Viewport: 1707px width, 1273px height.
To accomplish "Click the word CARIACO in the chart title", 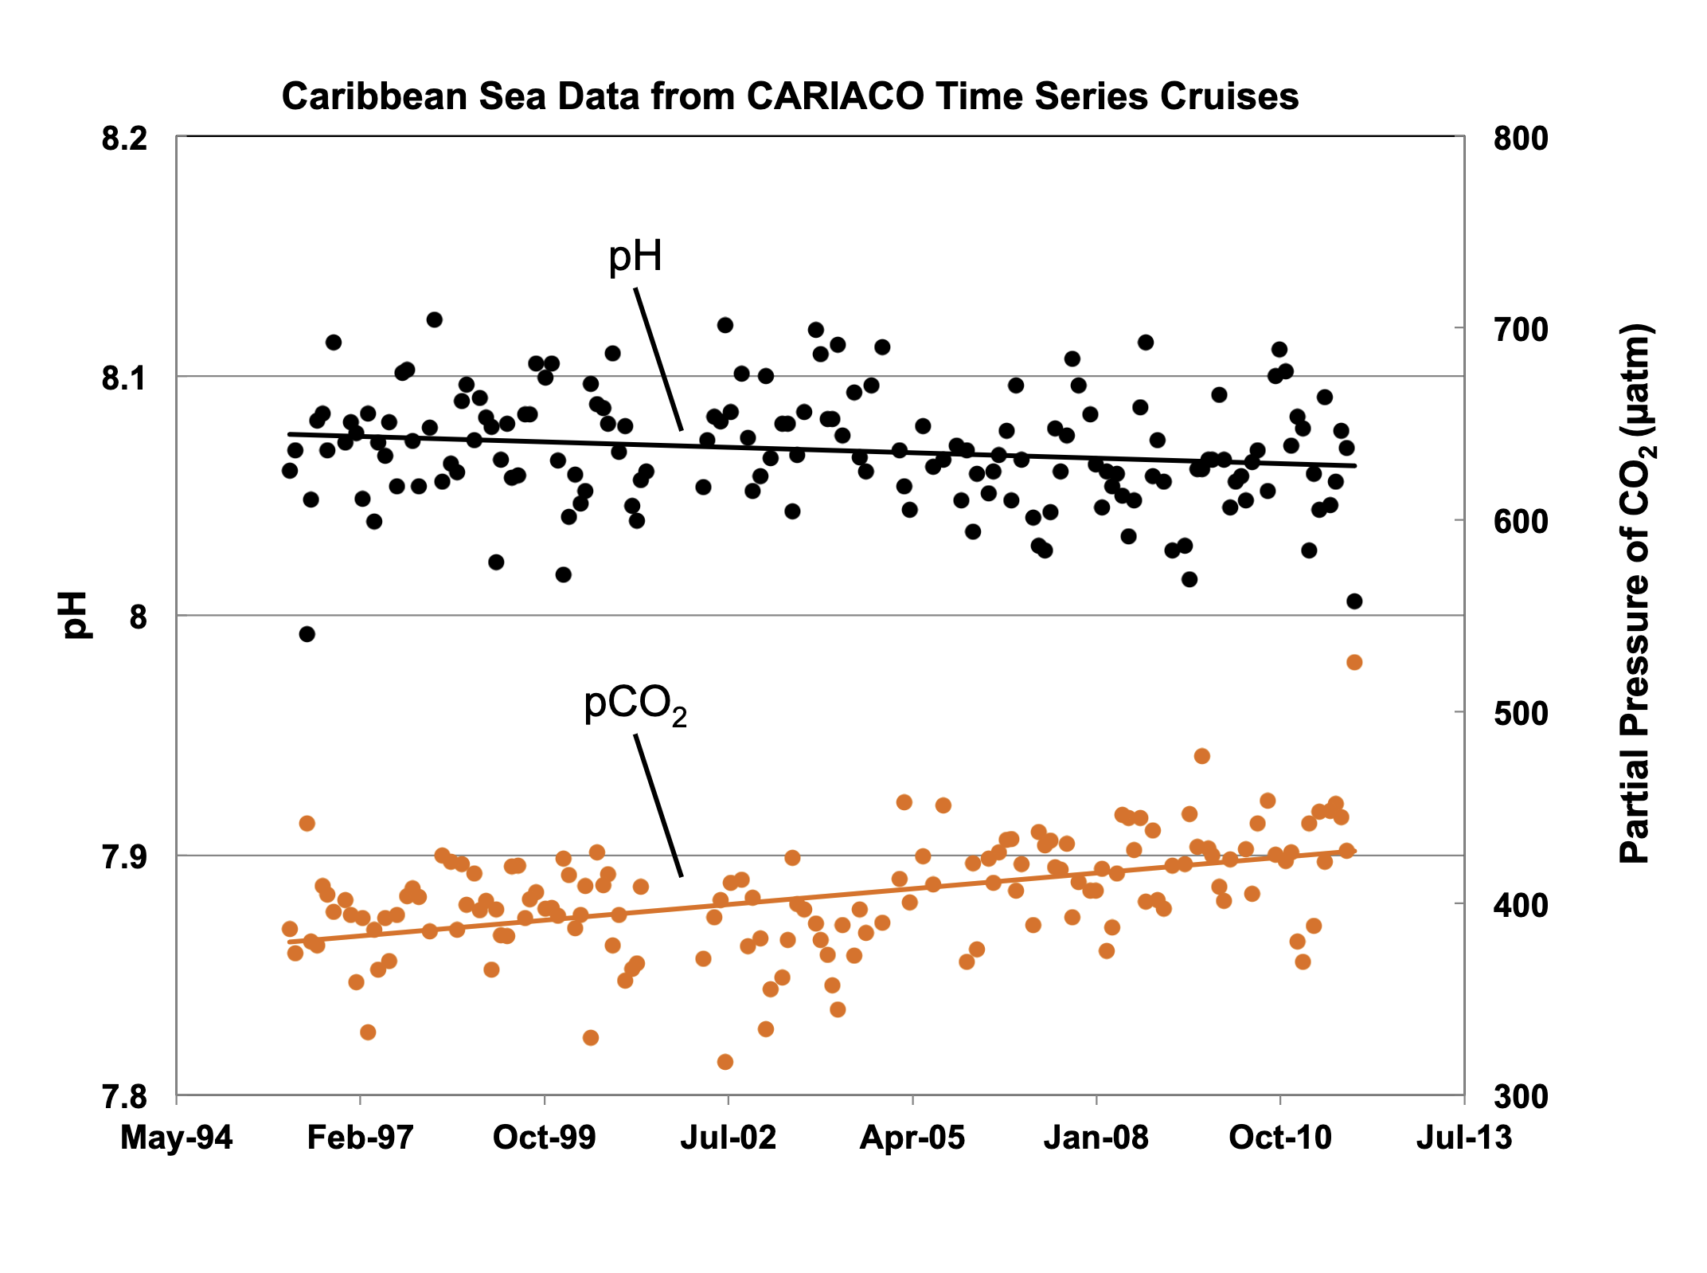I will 835,96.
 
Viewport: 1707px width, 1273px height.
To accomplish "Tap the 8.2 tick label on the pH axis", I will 124,139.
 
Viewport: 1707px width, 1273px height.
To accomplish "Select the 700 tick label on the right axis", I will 1520,329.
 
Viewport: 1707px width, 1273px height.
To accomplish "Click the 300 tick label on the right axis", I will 1520,1097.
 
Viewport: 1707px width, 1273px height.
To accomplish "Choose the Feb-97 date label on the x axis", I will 360,1138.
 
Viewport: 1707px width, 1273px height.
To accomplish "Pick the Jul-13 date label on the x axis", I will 1463,1138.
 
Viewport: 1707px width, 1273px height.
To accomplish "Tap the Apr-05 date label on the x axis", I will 912,1138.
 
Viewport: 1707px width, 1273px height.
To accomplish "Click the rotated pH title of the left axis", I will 75,615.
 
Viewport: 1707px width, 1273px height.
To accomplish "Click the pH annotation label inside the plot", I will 635,257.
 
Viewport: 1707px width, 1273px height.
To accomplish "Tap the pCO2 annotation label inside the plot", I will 635,706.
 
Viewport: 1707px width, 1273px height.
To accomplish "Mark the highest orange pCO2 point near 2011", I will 1354,662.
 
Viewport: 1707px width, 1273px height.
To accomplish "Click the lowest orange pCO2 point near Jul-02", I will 725,1062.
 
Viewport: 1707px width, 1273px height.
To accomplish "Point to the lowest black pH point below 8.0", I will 307,634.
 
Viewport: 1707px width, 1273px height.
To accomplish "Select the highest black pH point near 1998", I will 434,319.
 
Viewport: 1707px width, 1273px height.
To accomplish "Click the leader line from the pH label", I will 658,360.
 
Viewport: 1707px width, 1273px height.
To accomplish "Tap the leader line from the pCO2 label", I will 658,806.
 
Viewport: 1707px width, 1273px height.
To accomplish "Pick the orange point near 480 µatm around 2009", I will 1202,756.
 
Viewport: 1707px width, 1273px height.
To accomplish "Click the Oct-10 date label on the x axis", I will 1279,1138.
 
